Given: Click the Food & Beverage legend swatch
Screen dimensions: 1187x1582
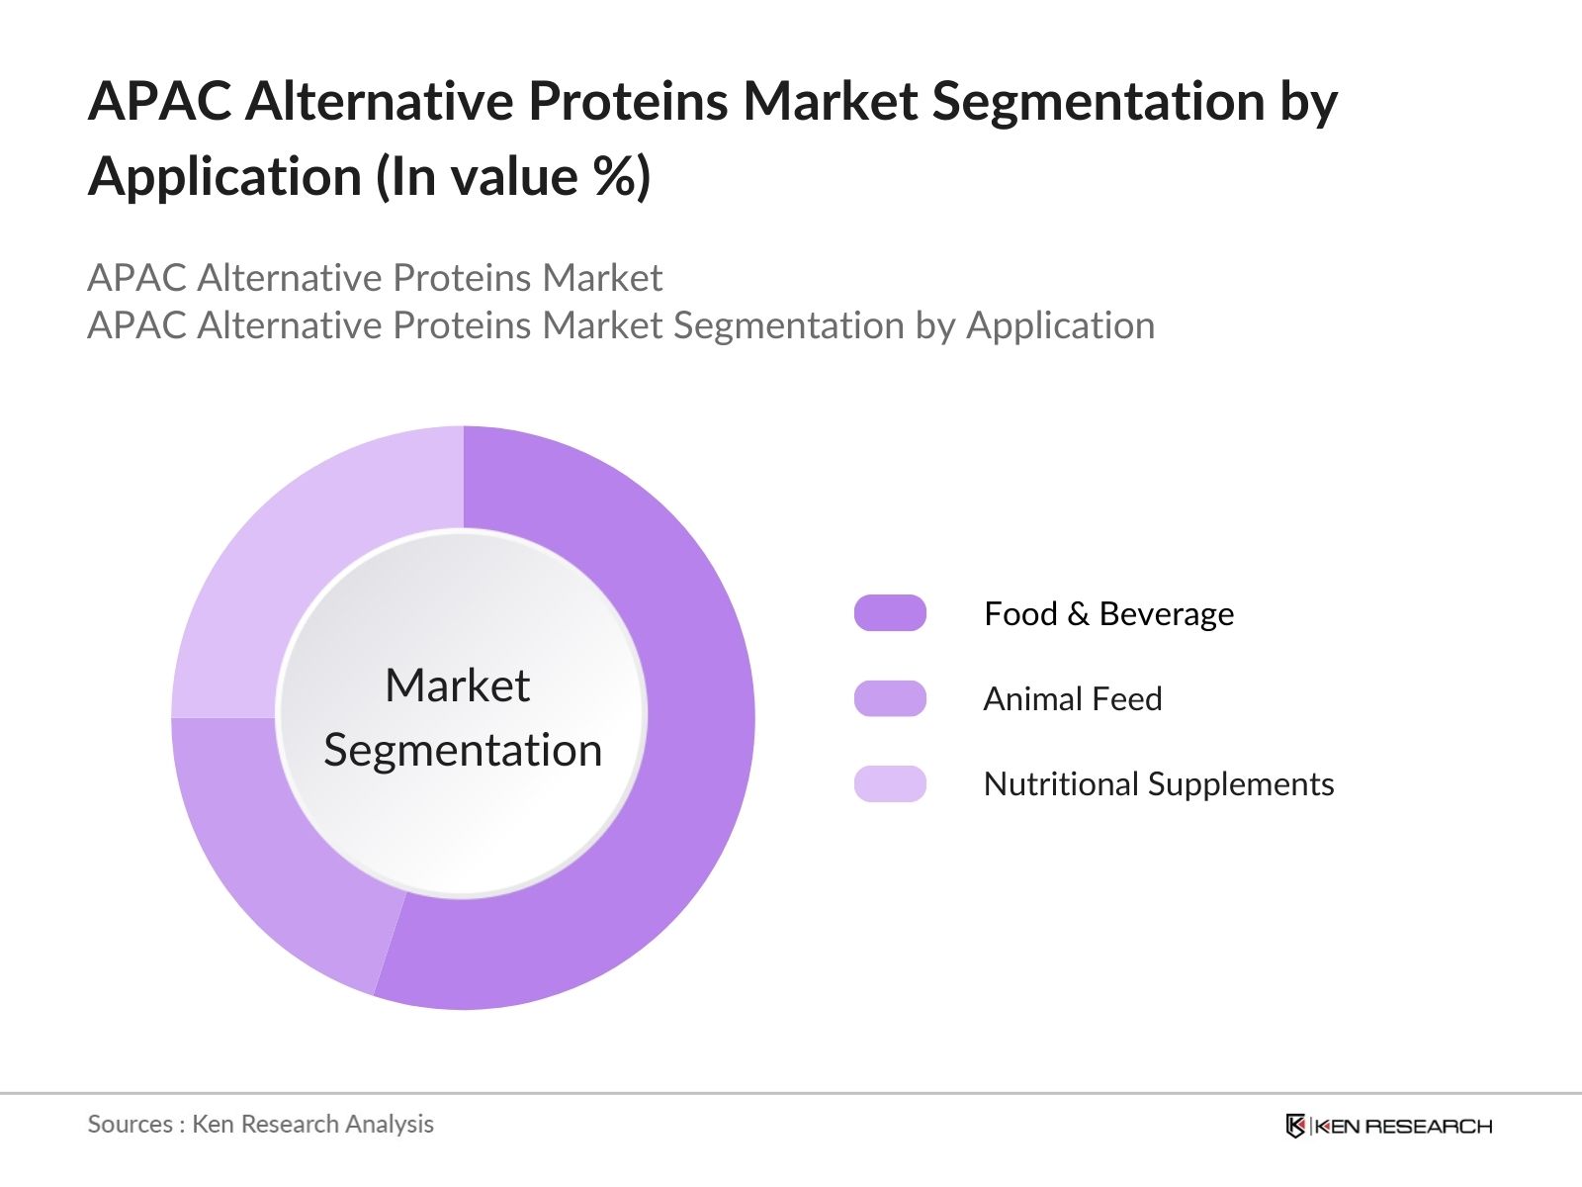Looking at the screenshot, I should click(890, 613).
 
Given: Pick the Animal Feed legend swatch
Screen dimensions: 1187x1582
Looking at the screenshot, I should click(890, 698).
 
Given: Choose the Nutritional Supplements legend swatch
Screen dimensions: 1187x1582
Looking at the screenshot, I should click(890, 783).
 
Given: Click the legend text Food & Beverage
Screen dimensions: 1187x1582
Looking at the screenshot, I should click(1108, 614).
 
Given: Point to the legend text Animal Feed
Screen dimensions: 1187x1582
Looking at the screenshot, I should click(1072, 699).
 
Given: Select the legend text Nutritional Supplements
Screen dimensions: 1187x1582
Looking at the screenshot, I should click(1158, 784).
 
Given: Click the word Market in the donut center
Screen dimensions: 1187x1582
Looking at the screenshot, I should click(457, 685).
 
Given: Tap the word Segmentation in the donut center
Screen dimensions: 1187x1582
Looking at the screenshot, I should click(463, 750).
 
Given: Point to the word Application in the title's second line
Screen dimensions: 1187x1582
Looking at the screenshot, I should click(224, 178).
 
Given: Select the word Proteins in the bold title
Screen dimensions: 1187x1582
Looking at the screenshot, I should click(628, 102).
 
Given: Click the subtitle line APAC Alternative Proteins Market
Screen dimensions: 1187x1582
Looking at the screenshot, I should click(375, 278).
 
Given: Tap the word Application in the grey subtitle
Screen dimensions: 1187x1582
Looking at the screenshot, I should click(1060, 325).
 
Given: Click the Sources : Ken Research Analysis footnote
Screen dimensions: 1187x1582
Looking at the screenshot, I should click(260, 1125).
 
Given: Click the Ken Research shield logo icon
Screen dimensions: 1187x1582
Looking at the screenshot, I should click(1294, 1126).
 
